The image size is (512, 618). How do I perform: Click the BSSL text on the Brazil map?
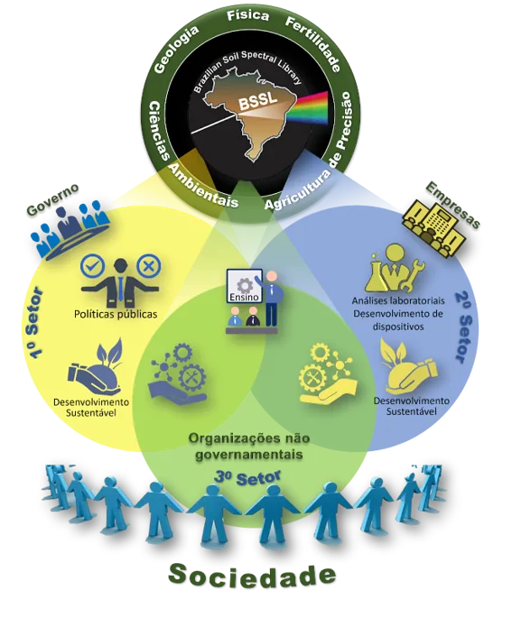coord(258,100)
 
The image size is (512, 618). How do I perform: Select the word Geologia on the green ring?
coord(176,49)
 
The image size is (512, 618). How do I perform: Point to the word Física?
coord(248,15)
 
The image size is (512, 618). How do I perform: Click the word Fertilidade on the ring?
coord(312,44)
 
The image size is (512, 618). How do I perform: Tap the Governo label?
coord(52,199)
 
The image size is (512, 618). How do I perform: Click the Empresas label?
coord(453,204)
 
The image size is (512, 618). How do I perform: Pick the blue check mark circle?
coord(92,266)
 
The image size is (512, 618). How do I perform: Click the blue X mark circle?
coord(149,266)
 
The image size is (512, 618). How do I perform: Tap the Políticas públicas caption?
coord(116,314)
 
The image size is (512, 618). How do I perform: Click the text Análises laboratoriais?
coord(398,300)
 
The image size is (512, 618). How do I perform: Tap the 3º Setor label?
coord(247,478)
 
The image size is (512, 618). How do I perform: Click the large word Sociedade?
coord(252,576)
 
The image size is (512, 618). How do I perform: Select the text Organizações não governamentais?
coord(249,447)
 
